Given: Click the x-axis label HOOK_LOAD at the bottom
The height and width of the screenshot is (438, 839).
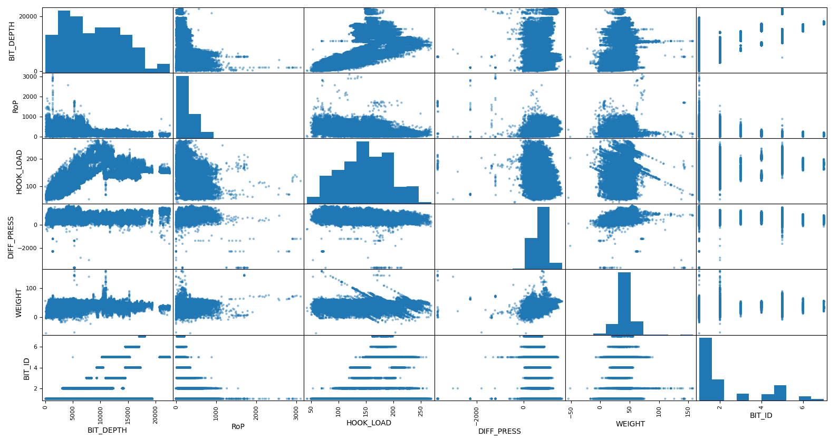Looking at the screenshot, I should pos(369,423).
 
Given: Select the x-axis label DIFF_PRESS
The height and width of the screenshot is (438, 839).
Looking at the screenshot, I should pos(499,431).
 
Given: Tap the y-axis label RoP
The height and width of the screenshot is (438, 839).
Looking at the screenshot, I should pos(15,106).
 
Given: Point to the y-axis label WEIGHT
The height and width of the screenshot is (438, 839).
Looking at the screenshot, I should pos(19,302).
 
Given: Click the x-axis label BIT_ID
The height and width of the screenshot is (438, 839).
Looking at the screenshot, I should pos(761,415).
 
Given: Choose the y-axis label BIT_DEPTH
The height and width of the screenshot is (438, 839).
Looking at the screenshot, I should pos(12,41).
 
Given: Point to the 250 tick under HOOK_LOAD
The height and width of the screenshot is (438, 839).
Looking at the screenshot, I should pos(420,410).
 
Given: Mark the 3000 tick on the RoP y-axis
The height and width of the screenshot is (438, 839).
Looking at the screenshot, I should pos(30,77).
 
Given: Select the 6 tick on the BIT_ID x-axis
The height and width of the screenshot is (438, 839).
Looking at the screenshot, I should pos(802,407).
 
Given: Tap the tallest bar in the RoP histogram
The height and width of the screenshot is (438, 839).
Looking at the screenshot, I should pos(182,106).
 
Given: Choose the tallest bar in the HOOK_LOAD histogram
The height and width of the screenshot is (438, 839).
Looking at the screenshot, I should pos(362,172).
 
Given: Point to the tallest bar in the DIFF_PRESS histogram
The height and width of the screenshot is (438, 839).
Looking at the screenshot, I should pos(543,237).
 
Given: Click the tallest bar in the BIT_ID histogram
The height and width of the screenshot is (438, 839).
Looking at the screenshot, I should pos(705,368).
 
